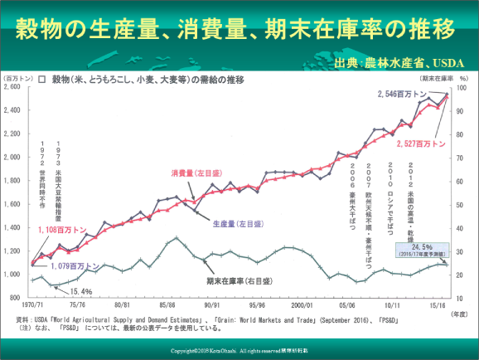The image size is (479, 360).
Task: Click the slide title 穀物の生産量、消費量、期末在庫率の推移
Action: [x=235, y=28]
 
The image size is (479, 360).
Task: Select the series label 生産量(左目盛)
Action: [x=235, y=223]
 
